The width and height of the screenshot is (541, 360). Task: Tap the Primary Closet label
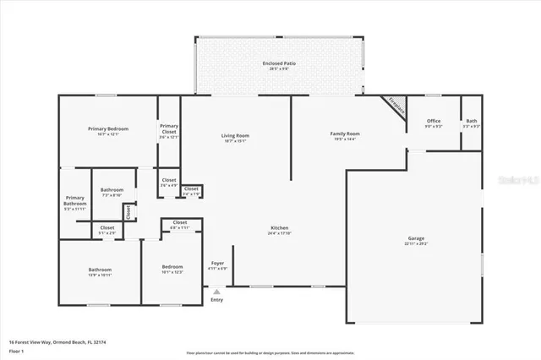tap(169, 128)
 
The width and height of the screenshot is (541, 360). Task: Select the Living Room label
tap(235, 135)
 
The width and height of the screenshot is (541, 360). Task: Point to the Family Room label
tap(345, 134)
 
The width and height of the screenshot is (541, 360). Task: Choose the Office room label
tap(434, 121)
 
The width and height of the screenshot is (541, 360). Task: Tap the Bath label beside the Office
tap(471, 121)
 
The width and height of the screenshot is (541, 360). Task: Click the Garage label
tap(416, 239)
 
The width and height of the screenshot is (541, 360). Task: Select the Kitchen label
tap(280, 229)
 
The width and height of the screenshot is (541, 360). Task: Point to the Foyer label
tap(218, 263)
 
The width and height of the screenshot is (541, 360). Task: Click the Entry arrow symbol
tap(216, 292)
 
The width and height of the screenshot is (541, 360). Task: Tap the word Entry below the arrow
tap(216, 300)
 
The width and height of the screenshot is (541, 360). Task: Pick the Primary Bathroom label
tap(75, 200)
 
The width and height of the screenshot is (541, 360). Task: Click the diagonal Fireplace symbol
tap(395, 105)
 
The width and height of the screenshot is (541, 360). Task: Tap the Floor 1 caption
tap(15, 350)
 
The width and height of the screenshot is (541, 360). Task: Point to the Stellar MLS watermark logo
tap(518, 180)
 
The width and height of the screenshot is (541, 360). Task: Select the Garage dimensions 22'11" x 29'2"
tap(416, 244)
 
